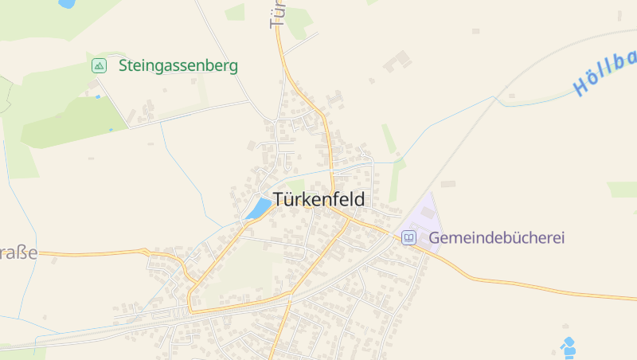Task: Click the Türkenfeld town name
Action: (318, 200)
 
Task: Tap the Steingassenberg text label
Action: (178, 66)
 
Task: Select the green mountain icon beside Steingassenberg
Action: (99, 66)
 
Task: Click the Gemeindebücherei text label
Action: (496, 238)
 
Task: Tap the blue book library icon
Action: (408, 237)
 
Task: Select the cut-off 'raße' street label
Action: (18, 253)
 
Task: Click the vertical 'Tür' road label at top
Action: (277, 14)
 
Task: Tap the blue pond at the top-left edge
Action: (67, 3)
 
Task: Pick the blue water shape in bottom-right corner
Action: (568, 347)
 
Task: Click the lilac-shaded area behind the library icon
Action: (422, 219)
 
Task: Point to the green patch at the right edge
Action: (623, 190)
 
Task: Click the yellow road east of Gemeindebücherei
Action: (541, 283)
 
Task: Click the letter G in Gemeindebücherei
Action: (435, 238)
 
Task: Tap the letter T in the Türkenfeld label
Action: (279, 200)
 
